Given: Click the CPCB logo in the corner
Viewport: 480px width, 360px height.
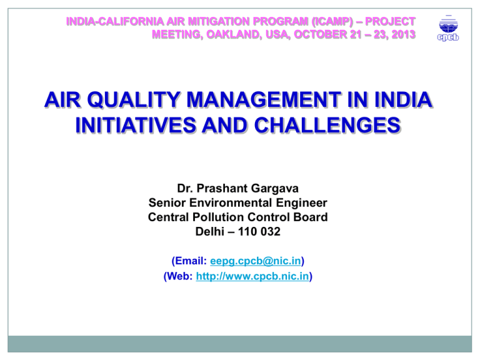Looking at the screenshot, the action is click(x=448, y=28).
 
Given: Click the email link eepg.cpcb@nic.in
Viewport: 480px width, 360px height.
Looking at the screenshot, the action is click(x=256, y=261).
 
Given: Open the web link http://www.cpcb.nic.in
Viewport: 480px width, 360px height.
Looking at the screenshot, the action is click(x=252, y=276).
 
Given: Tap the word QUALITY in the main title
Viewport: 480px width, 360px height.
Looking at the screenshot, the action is click(x=134, y=100).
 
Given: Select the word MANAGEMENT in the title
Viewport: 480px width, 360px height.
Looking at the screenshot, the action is click(x=264, y=100).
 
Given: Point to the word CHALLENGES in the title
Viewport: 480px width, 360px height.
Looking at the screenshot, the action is click(x=327, y=125).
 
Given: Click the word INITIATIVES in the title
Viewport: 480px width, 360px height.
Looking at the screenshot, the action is click(x=136, y=125).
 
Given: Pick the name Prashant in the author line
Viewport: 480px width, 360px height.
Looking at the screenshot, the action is click(x=222, y=188).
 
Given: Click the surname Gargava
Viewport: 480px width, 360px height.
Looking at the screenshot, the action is click(x=275, y=189).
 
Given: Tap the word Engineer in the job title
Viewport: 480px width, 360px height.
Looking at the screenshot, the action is click(x=301, y=203).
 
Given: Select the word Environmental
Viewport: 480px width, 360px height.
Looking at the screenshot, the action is click(x=231, y=202).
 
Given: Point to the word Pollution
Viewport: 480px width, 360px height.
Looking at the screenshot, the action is click(x=218, y=217).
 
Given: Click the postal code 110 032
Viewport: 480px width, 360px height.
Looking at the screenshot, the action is click(x=259, y=231).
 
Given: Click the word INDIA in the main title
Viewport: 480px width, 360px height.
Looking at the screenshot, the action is click(x=403, y=100).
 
